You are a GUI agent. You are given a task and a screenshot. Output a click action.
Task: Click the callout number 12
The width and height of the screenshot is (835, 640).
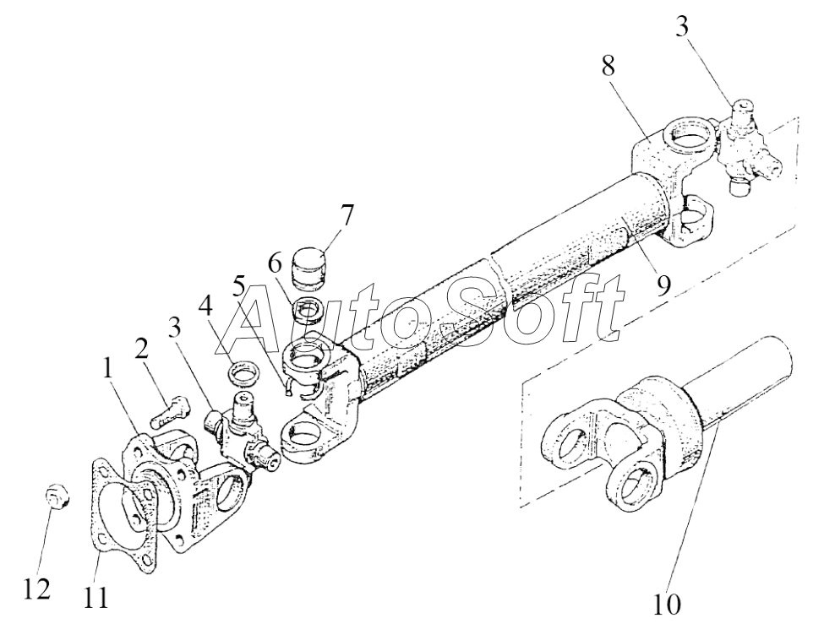pos(37,589)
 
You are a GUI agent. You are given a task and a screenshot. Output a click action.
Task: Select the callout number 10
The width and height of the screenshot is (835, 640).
pos(666,604)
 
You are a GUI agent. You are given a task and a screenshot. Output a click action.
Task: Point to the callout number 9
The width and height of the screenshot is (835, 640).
pos(663,285)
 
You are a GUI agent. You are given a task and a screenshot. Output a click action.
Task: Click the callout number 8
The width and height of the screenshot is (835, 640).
pos(608,67)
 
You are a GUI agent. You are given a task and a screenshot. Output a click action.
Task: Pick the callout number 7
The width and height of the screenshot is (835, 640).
pos(346,216)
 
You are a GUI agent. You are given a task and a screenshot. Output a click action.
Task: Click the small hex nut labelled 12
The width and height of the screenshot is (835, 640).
pos(56,498)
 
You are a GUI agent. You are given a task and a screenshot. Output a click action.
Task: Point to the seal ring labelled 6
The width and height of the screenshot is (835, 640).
pos(308,312)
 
